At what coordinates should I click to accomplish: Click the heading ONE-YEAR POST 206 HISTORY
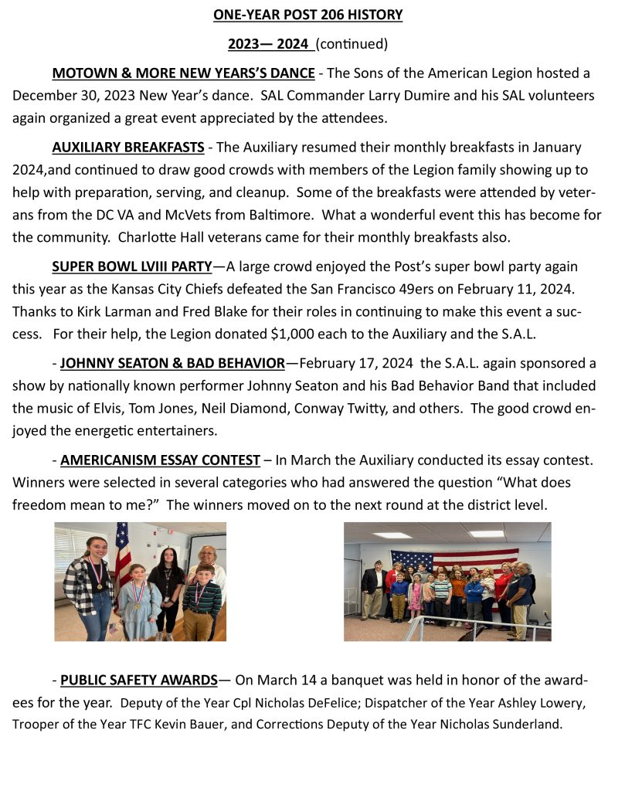[x=307, y=15]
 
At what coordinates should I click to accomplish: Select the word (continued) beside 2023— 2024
[x=352, y=44]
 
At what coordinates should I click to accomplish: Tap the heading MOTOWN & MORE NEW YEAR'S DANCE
[x=183, y=74]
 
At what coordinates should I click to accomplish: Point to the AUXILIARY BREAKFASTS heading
[x=128, y=148]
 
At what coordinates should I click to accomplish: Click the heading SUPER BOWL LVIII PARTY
[x=132, y=266]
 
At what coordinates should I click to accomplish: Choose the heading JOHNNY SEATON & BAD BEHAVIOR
[x=172, y=363]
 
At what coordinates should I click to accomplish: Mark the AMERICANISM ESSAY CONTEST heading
[x=160, y=460]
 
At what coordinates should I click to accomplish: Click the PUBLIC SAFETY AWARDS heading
[x=139, y=681]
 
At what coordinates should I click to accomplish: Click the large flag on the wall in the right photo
[x=454, y=559]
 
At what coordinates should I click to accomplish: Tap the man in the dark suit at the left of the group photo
[x=373, y=590]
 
